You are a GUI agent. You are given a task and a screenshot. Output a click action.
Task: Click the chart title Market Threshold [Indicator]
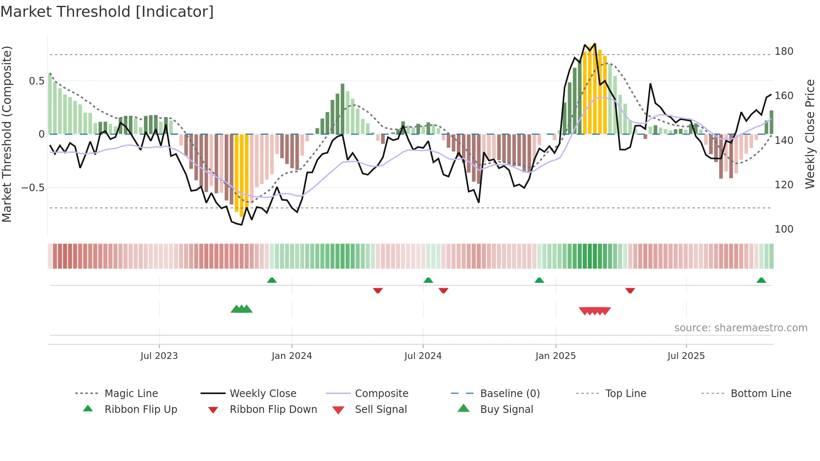click(107, 12)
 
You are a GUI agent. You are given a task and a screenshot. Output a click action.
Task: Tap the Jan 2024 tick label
click(292, 356)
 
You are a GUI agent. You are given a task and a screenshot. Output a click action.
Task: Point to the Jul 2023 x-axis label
click(159, 356)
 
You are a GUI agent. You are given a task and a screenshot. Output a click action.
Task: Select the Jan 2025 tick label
click(556, 356)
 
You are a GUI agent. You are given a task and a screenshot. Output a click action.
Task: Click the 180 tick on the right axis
click(784, 51)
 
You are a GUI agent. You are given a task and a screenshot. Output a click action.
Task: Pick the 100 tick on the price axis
click(784, 229)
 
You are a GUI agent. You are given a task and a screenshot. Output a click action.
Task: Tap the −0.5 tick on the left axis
click(33, 187)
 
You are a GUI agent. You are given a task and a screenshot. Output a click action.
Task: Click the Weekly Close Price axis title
click(810, 134)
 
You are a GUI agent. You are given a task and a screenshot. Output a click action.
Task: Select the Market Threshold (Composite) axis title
click(7, 134)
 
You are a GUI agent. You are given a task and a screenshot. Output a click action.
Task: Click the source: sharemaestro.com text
click(741, 328)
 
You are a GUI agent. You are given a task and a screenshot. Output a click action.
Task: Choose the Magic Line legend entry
click(131, 394)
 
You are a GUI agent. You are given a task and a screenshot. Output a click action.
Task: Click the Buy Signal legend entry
click(506, 410)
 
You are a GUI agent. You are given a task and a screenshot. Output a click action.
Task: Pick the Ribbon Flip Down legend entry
click(273, 410)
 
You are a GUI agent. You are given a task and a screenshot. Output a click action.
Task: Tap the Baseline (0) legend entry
click(510, 394)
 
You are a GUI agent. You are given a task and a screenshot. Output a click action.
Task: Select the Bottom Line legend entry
click(761, 394)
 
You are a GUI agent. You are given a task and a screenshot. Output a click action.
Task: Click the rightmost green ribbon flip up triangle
click(761, 280)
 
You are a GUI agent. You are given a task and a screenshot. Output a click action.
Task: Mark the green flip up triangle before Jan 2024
click(272, 280)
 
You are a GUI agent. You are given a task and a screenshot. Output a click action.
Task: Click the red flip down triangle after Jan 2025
click(630, 290)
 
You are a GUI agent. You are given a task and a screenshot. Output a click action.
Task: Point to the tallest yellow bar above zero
click(594, 88)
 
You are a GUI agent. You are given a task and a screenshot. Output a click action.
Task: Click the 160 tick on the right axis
click(784, 96)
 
